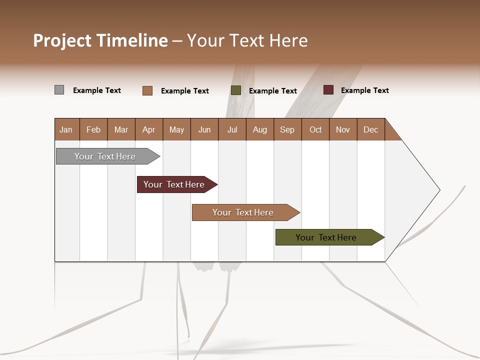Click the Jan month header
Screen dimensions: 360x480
(66, 129)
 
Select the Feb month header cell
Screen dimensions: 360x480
(93, 129)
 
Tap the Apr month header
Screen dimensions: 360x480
(149, 129)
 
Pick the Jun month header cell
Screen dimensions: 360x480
(204, 129)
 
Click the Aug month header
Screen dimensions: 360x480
(260, 129)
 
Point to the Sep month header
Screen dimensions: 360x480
(287, 129)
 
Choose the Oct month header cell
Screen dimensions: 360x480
(315, 129)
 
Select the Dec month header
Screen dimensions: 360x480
(371, 129)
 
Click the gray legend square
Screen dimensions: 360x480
(59, 90)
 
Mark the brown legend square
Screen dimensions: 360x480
(147, 90)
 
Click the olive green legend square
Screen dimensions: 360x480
(236, 90)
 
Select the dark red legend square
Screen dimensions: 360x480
(328, 90)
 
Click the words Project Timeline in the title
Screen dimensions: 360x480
(100, 40)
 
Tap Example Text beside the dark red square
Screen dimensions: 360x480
(365, 90)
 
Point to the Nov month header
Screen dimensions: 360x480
(343, 129)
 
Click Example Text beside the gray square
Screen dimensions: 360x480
(97, 90)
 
